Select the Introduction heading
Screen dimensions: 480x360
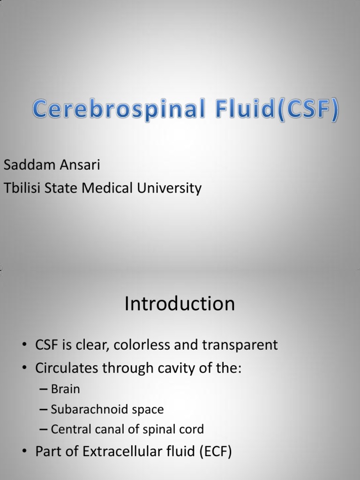(x=180, y=304)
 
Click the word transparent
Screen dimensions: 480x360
(x=240, y=346)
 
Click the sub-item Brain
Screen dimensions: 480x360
(x=65, y=389)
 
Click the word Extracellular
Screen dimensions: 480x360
(x=120, y=452)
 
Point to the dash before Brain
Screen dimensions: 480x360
(x=44, y=390)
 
